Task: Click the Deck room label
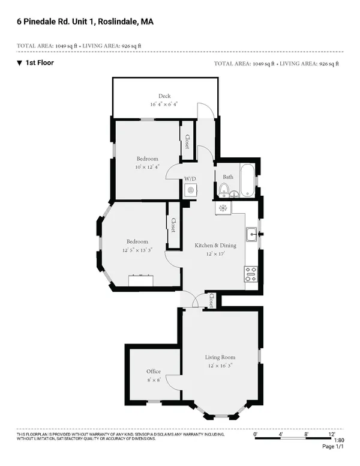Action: pyautogui.click(x=164, y=96)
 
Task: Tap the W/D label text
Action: pyautogui.click(x=190, y=179)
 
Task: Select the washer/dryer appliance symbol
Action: pyautogui.click(x=190, y=190)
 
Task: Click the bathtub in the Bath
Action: pyautogui.click(x=247, y=180)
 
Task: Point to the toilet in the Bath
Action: pyautogui.click(x=224, y=190)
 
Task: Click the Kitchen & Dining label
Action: pyautogui.click(x=215, y=245)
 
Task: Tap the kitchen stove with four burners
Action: pyautogui.click(x=251, y=274)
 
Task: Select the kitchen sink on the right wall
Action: pyautogui.click(x=251, y=234)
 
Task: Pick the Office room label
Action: pyautogui.click(x=154, y=372)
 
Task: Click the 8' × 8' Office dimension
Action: pyautogui.click(x=154, y=380)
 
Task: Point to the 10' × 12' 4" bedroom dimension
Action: pyautogui.click(x=147, y=167)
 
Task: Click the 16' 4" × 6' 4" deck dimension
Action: pyautogui.click(x=164, y=104)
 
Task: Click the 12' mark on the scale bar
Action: pyautogui.click(x=331, y=433)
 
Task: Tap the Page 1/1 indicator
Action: pyautogui.click(x=334, y=447)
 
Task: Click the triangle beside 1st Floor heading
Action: pyautogui.click(x=19, y=62)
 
